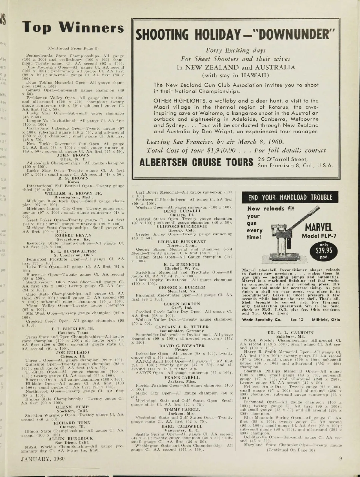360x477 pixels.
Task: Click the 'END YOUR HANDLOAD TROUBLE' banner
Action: click(290, 197)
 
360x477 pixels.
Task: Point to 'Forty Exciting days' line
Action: click(235, 51)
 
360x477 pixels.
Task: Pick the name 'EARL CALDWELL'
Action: click(182, 426)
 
